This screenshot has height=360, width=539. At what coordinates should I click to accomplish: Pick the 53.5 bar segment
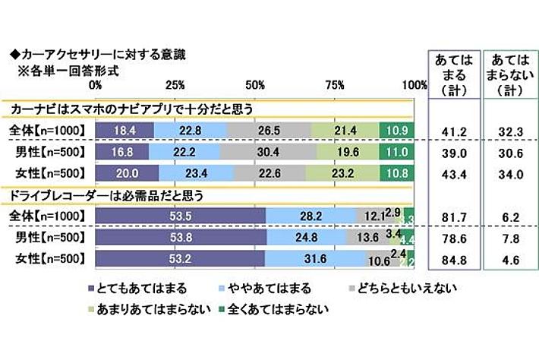tap(181, 216)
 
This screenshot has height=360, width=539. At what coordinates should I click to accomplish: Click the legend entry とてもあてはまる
tap(137, 289)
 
